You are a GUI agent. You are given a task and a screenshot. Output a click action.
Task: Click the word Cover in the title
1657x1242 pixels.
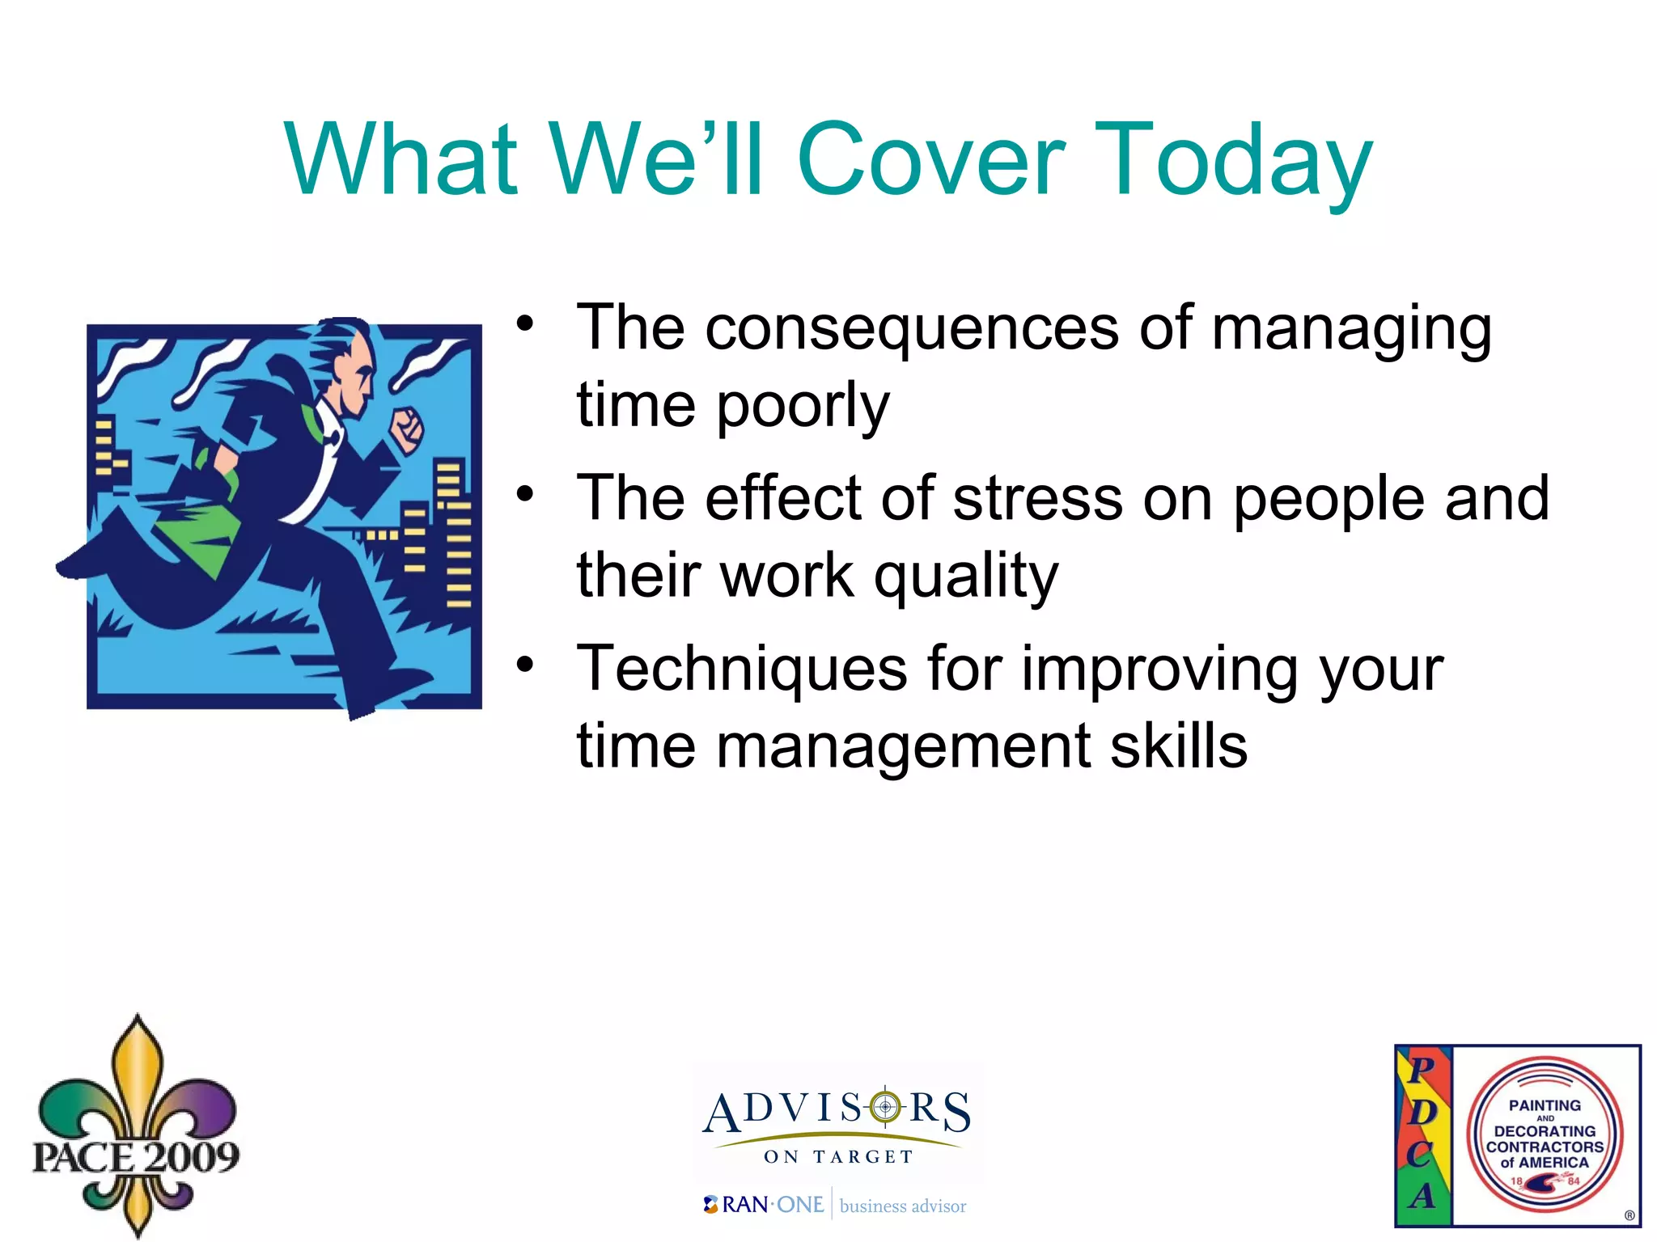(x=930, y=159)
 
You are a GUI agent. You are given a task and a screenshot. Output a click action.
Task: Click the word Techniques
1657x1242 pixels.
(x=742, y=669)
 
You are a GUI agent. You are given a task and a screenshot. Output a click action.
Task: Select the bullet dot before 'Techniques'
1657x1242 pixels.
(x=526, y=665)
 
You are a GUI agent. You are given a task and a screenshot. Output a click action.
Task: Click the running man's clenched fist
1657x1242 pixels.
(x=406, y=429)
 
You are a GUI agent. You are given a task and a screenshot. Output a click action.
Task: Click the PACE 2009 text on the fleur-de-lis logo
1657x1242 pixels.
(x=136, y=1157)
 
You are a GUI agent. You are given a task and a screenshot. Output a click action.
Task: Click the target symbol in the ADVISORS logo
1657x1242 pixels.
(x=886, y=1106)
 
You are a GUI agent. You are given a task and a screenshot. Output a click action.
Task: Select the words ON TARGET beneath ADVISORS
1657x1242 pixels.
(x=838, y=1157)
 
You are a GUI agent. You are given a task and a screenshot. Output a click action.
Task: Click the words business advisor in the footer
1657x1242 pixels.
(x=903, y=1206)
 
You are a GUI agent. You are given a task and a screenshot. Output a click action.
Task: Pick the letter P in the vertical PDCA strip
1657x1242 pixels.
(x=1422, y=1070)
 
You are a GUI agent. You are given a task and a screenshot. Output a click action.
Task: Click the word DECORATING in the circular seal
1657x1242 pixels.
(x=1545, y=1131)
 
